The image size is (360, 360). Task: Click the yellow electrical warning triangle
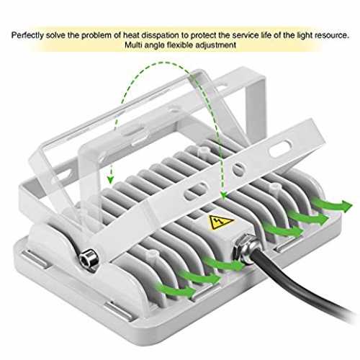[221, 222]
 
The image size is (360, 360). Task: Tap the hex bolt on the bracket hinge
[89, 259]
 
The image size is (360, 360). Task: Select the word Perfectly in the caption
[27, 35]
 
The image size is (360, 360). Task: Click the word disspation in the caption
[160, 35]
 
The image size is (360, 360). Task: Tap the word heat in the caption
[131, 35]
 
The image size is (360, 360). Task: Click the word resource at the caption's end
[332, 35]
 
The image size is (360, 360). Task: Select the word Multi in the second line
[133, 45]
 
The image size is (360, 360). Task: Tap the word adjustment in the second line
[215, 45]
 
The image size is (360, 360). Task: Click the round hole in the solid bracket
[238, 168]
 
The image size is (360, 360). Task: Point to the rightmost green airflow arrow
[333, 205]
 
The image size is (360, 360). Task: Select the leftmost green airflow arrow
[176, 289]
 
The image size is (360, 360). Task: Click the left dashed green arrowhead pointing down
[110, 179]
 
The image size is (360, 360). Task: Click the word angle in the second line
[154, 45]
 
